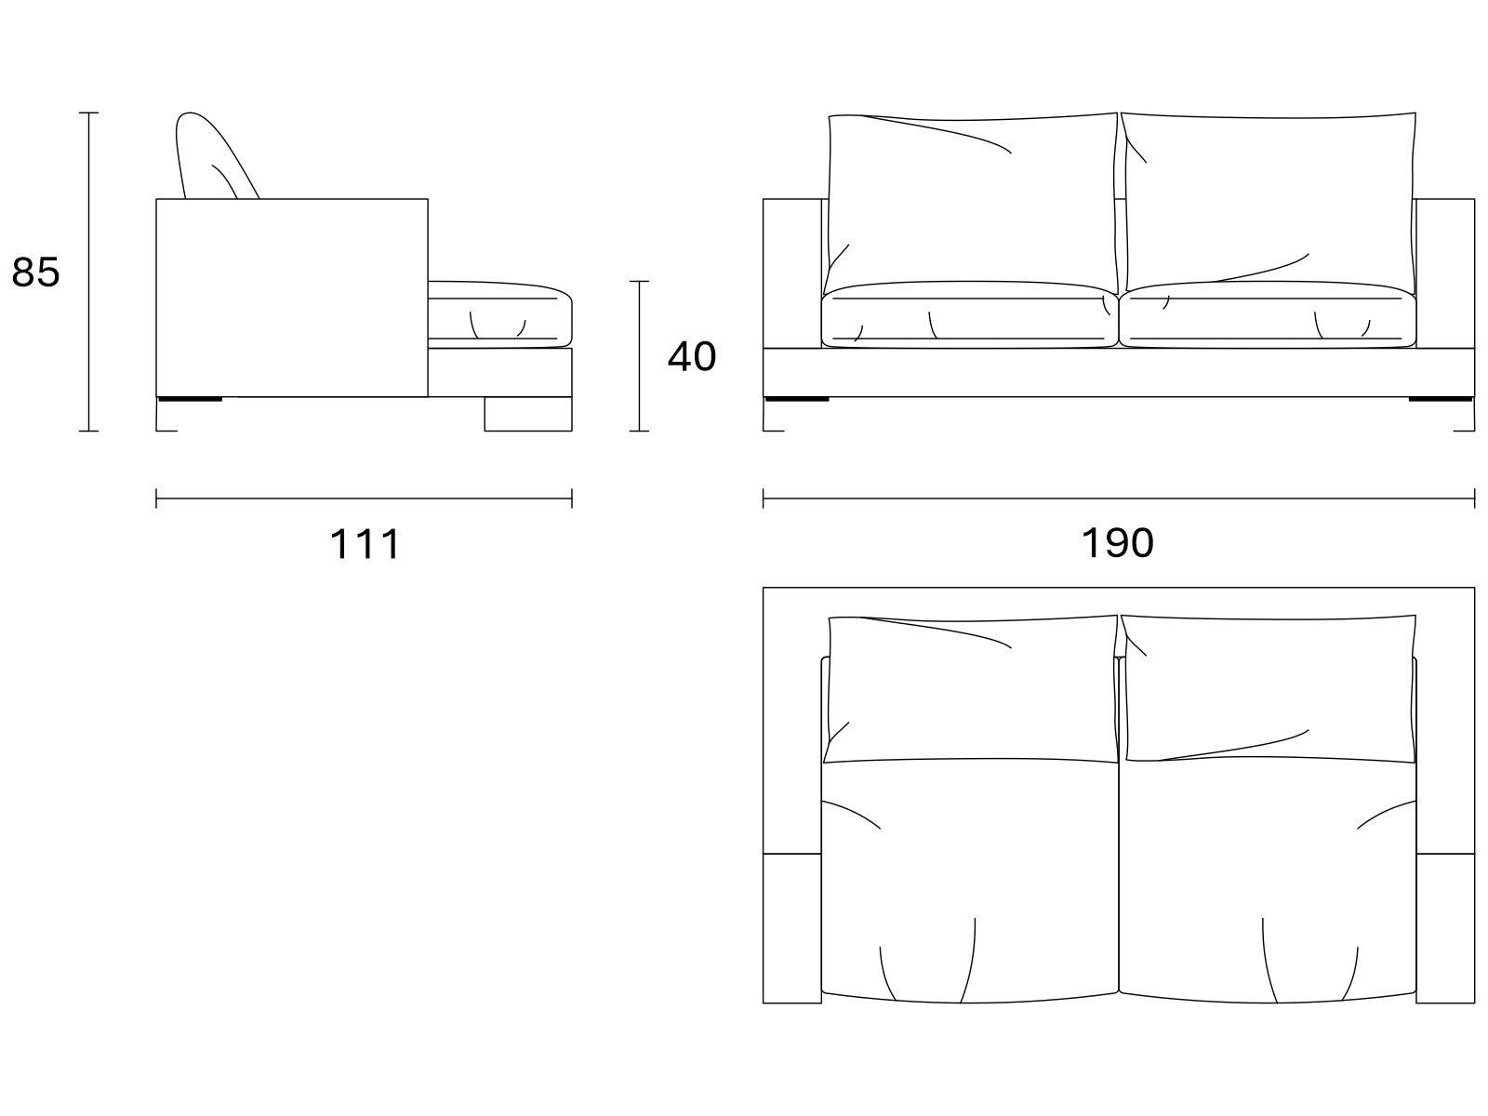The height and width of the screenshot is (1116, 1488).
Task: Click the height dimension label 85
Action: point(36,272)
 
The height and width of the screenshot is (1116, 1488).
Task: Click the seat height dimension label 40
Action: point(692,356)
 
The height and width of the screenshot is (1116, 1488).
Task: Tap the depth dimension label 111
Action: point(365,544)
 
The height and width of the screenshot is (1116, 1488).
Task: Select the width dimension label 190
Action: point(1117,543)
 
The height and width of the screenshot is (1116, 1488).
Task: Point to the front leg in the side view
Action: point(528,413)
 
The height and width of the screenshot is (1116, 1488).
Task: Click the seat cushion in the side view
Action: point(499,314)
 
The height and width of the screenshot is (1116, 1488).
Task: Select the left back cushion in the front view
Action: point(972,204)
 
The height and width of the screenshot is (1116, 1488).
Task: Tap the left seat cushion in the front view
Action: point(970,315)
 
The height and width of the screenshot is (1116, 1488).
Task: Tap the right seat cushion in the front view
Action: point(1268,315)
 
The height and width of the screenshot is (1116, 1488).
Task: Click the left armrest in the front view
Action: point(791,273)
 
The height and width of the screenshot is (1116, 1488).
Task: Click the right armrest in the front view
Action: point(1445,273)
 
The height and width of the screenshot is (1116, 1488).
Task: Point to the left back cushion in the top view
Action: point(971,689)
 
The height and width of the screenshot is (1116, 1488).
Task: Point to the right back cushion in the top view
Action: point(1269,688)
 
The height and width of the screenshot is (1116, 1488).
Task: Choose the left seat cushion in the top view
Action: point(970,881)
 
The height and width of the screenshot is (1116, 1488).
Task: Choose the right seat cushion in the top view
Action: point(1268,881)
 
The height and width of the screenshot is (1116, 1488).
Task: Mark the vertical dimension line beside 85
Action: point(88,272)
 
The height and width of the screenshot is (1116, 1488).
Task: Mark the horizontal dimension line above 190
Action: point(1119,498)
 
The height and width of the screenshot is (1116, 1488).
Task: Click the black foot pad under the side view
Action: point(190,399)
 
